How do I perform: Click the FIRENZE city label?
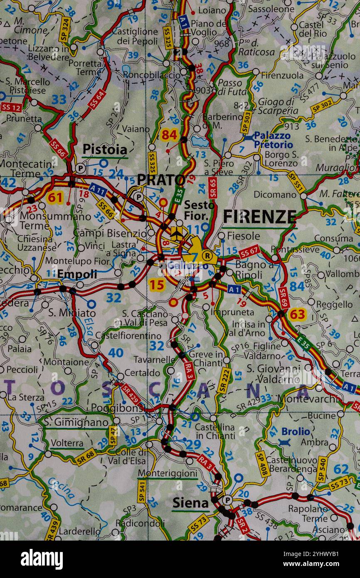tap(260, 217)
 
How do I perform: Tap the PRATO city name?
tap(161, 180)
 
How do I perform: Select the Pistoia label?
tap(105, 149)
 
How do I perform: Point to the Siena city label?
tap(190, 503)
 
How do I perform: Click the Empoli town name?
tap(77, 274)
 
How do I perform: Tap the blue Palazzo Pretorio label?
tap(273, 140)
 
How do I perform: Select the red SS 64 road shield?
tap(96, 99)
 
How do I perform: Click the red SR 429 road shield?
tap(131, 394)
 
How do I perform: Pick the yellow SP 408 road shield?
tap(262, 463)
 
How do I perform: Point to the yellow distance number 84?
tap(170, 135)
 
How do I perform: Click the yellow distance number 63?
tap(297, 314)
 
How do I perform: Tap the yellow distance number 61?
tap(55, 197)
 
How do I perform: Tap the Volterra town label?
tap(67, 444)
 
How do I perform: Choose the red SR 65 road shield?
tap(212, 188)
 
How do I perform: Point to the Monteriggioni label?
tap(167, 473)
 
